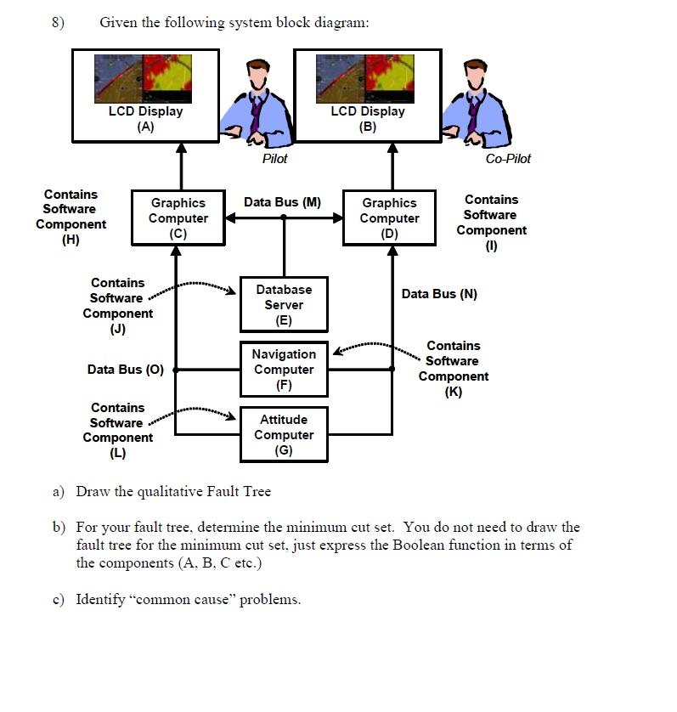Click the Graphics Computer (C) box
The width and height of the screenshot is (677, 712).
click(178, 218)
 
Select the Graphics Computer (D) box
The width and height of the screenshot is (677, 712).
click(389, 218)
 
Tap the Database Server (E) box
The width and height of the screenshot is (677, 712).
click(284, 305)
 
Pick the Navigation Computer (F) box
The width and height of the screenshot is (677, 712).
click(284, 370)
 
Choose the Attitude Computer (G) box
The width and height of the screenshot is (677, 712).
click(284, 435)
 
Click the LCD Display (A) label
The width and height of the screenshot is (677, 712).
click(145, 118)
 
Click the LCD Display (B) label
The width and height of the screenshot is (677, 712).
click(368, 118)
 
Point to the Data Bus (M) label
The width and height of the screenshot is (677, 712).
click(282, 202)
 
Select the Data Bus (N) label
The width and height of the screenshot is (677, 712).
click(439, 294)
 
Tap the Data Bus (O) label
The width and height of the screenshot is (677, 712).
click(126, 370)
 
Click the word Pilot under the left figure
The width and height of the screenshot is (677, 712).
click(274, 159)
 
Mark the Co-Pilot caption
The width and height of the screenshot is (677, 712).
click(508, 159)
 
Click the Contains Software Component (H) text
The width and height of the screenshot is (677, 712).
click(71, 218)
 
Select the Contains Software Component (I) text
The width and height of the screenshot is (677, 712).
click(491, 223)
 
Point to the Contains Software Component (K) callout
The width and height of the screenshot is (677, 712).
click(453, 369)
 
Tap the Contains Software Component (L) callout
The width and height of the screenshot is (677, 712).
click(117, 430)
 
